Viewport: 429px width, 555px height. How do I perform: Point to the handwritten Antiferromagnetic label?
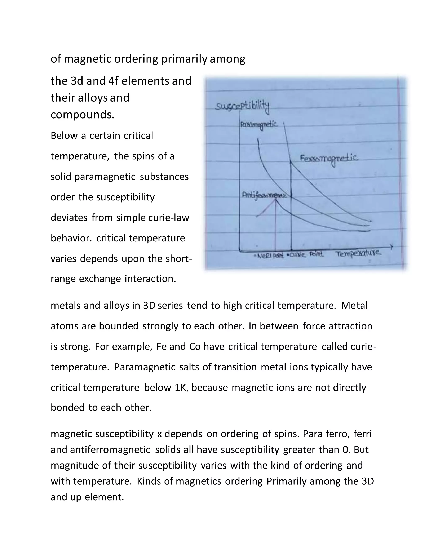[x=264, y=195]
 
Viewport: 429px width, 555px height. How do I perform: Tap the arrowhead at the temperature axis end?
[x=391, y=247]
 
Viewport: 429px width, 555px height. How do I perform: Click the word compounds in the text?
[x=82, y=115]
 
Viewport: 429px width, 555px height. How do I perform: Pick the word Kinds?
[x=149, y=481]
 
